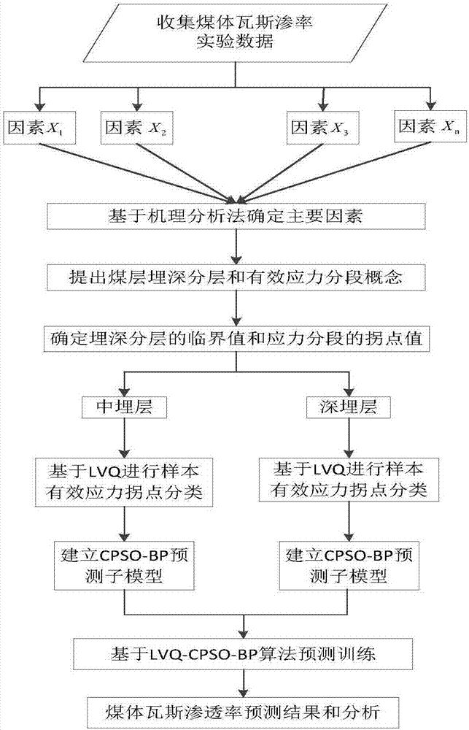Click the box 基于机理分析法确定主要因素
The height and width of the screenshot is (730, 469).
(x=234, y=216)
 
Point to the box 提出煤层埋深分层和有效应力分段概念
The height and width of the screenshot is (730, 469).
(x=234, y=278)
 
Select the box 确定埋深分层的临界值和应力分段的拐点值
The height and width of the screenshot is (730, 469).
(x=234, y=339)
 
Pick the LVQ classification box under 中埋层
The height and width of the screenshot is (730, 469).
(x=127, y=478)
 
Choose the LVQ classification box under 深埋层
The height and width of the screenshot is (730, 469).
(x=342, y=478)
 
